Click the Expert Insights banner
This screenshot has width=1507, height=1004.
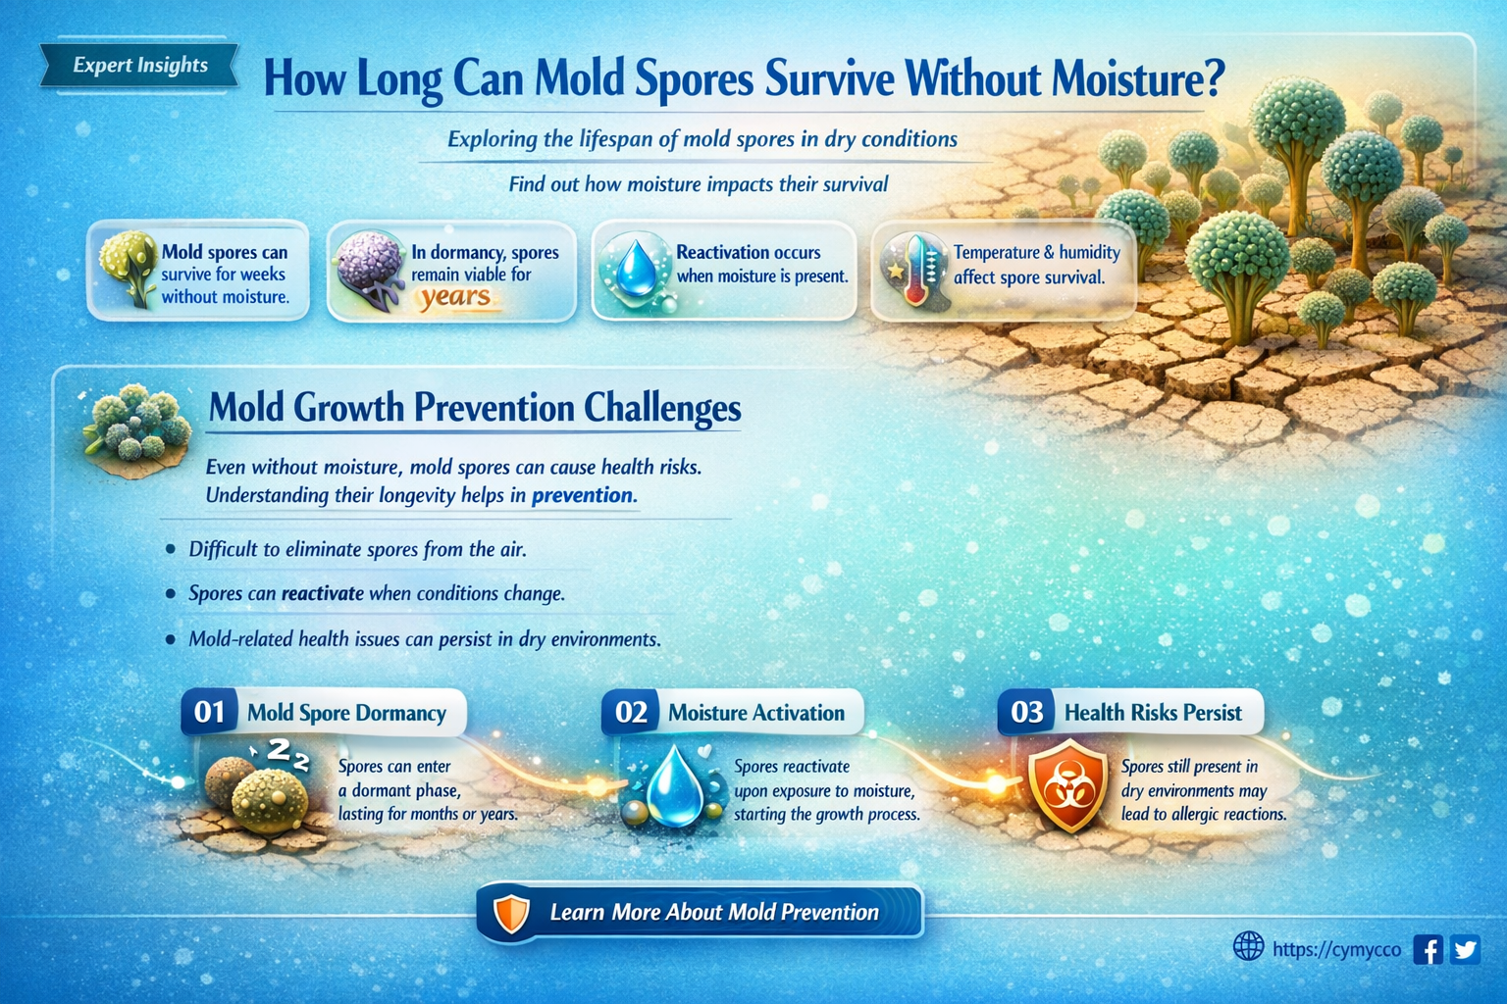click(x=139, y=66)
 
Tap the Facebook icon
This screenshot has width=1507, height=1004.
click(x=1428, y=949)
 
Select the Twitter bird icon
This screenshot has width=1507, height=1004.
click(x=1465, y=949)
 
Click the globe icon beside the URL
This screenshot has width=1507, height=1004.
click(x=1248, y=946)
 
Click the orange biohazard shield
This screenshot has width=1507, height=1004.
click(x=1067, y=785)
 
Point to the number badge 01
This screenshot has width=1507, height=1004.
click(x=209, y=712)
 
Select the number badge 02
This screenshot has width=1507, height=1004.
click(x=630, y=712)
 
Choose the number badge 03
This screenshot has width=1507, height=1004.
click(x=1026, y=712)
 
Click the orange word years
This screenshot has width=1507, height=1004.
click(x=455, y=296)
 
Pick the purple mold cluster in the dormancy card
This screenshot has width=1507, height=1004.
click(x=370, y=269)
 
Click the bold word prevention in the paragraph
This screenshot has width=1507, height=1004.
click(x=582, y=495)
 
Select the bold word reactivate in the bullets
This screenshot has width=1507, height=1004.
click(x=322, y=593)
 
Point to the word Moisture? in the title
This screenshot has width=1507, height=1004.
click(x=1138, y=78)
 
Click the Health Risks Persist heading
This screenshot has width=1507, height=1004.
click(x=1153, y=713)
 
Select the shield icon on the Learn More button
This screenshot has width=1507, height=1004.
click(x=511, y=913)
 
